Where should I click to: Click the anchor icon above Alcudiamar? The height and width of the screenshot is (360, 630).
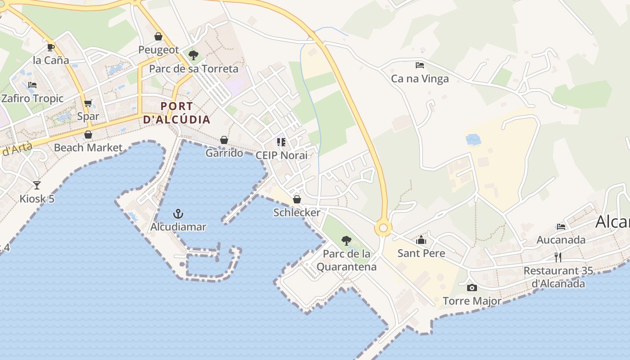179,213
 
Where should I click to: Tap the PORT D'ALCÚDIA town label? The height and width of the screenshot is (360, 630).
176,113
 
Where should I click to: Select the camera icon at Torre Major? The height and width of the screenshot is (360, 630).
472,288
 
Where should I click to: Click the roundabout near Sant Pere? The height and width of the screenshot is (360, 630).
383,228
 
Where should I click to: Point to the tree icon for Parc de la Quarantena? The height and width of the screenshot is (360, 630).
346,240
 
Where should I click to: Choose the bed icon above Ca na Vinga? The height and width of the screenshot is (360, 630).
419,65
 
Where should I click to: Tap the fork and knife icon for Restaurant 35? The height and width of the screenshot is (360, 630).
558,257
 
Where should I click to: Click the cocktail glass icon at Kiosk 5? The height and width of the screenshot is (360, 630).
36,185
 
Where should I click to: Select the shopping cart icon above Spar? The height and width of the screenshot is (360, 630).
88,103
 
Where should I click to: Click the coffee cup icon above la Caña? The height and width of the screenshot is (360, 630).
50,47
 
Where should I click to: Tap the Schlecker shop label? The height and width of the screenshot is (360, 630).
297,212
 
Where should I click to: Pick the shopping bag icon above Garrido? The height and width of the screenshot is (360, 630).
224,140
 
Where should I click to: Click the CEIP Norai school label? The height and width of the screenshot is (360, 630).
281,155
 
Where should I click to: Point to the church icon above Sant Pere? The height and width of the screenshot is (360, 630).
421,240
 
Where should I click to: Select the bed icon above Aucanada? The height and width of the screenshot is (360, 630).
561,226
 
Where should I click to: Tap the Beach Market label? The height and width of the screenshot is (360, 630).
88,148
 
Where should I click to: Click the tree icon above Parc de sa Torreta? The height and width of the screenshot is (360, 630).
193,55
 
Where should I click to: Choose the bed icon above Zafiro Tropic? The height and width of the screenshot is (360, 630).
32,85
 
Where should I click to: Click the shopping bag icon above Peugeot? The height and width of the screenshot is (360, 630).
158,36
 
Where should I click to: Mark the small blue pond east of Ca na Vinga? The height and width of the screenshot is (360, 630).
473,139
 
